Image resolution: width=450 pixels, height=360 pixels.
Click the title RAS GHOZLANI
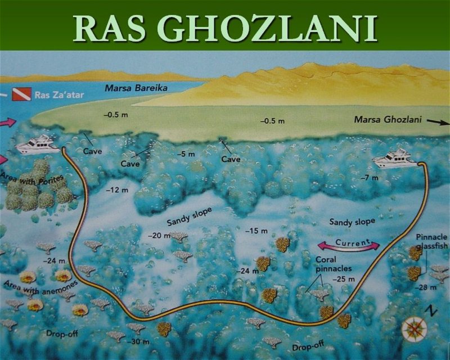pyautogui.click(x=225, y=26)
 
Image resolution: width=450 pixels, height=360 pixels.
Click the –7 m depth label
pyautogui.click(x=370, y=178)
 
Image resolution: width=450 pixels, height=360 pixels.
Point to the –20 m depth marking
pyautogui.click(x=159, y=236)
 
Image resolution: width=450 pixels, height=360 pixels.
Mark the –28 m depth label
pyautogui.click(x=425, y=287)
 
